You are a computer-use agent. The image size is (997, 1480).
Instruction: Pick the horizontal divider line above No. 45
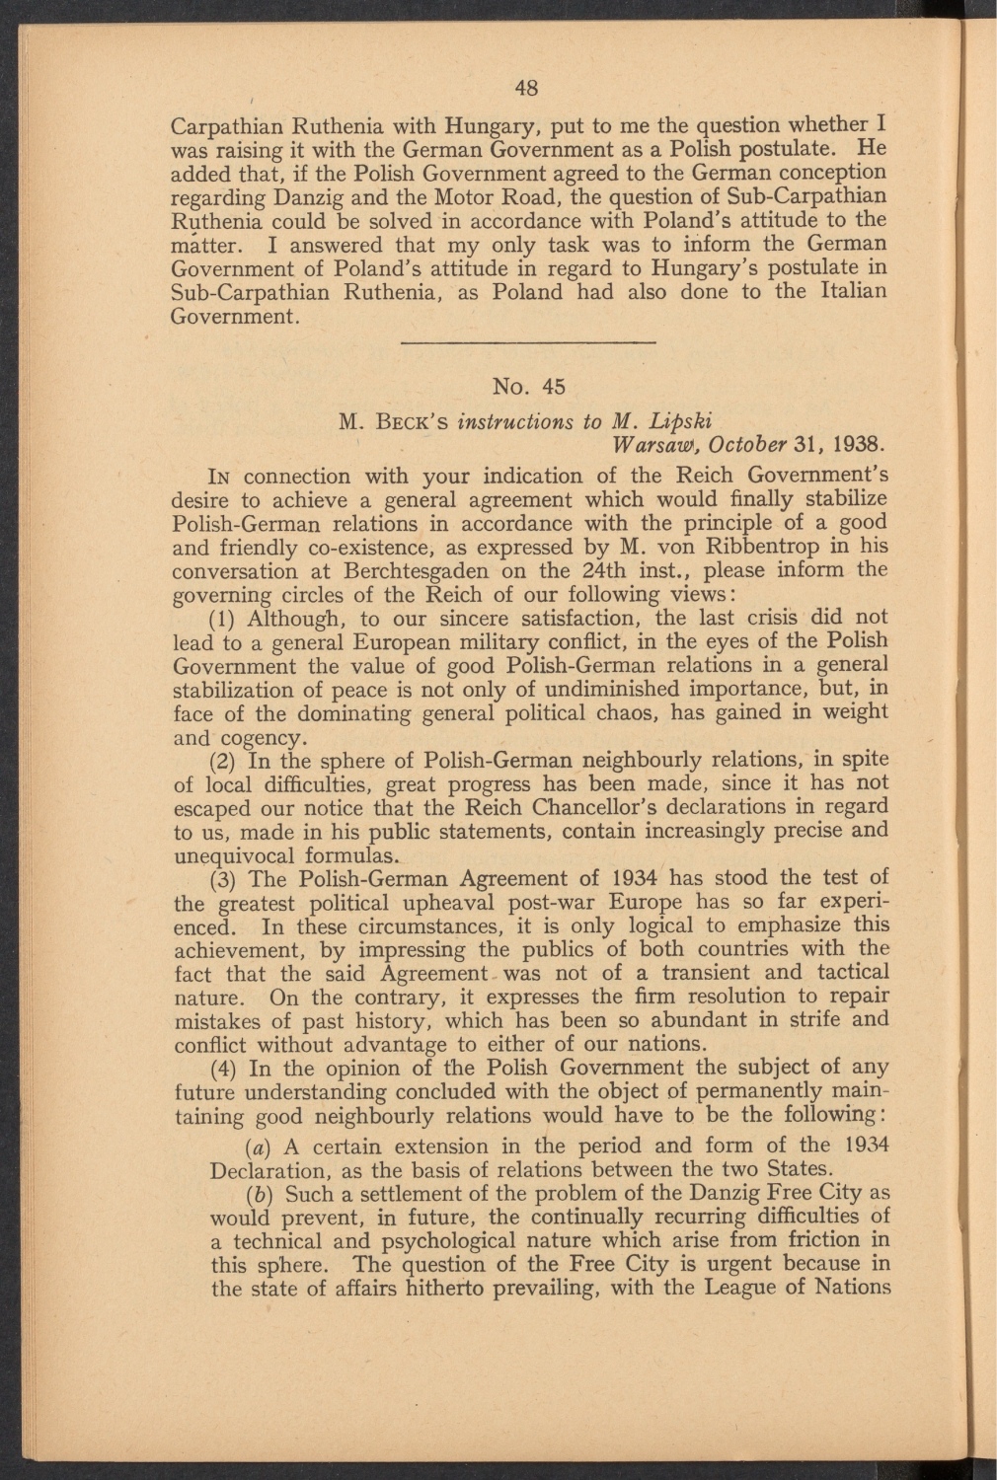(530, 341)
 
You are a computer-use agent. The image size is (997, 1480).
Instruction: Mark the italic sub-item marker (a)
(226, 1147)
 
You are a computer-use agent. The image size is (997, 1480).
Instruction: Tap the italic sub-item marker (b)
(226, 1195)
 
